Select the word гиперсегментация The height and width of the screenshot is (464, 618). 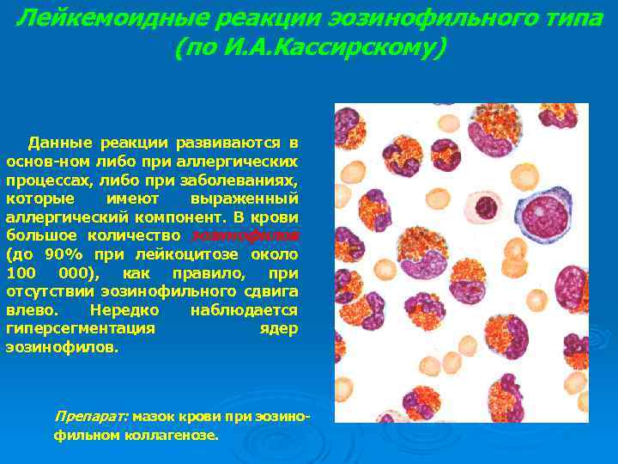click(81, 329)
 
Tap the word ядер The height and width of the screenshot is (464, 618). click(278, 329)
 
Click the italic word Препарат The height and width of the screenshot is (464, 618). click(91, 416)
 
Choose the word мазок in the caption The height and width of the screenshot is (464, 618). click(154, 416)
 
